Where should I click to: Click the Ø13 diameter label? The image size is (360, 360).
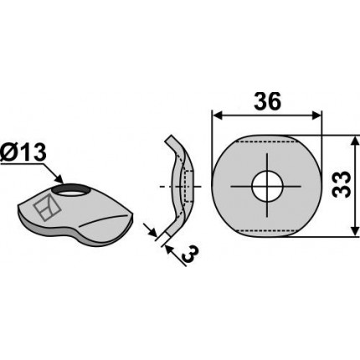pyautogui.click(x=23, y=153)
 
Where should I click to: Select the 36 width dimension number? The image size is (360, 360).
pyautogui.click(x=267, y=101)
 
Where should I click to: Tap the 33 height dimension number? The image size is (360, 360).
pyautogui.click(x=342, y=184)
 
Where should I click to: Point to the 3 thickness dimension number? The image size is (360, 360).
pyautogui.click(x=191, y=254)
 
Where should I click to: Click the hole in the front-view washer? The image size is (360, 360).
pyautogui.click(x=267, y=186)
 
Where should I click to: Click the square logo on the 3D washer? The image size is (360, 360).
pyautogui.click(x=47, y=208)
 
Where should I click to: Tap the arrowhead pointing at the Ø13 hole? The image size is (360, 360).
pyautogui.click(x=58, y=178)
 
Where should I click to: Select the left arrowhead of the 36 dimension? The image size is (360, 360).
pyautogui.click(x=217, y=116)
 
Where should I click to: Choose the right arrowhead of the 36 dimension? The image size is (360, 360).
pyautogui.click(x=316, y=116)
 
